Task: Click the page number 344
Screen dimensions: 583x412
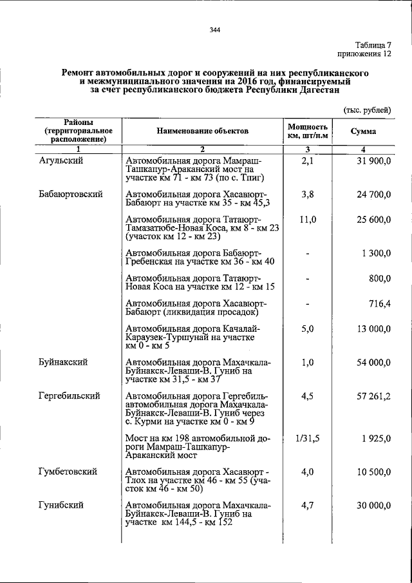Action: (x=216, y=30)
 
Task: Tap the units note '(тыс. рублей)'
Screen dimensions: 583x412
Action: (x=367, y=110)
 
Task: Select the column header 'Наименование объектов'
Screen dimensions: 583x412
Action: (x=201, y=131)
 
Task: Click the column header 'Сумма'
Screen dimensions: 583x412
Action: (x=364, y=131)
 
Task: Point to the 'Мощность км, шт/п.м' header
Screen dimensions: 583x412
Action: (x=308, y=131)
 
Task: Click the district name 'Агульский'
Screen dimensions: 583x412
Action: (x=60, y=160)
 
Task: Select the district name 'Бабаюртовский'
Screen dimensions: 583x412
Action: (x=70, y=193)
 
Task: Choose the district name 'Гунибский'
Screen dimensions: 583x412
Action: (x=60, y=505)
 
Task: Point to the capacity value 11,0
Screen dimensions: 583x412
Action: (x=308, y=220)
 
